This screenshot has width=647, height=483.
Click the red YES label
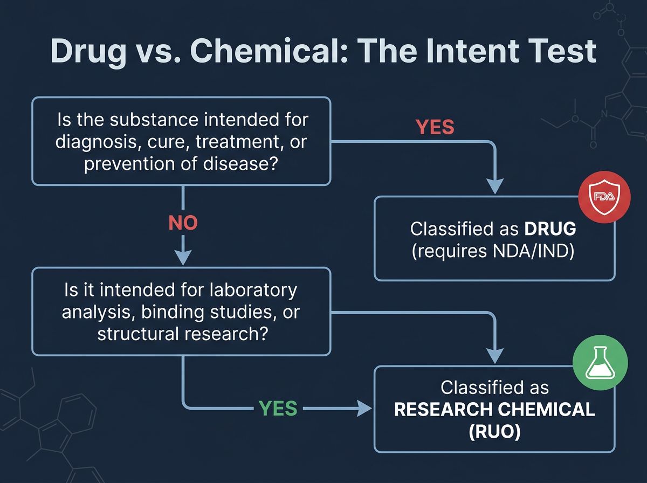pyautogui.click(x=435, y=127)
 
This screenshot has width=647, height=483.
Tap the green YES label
pyautogui.click(x=278, y=409)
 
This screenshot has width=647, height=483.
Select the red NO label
pyautogui.click(x=183, y=223)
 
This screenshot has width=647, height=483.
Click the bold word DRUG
pyautogui.click(x=550, y=229)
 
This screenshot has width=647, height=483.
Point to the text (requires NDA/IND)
pyautogui.click(x=493, y=252)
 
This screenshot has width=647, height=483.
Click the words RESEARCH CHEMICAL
pyautogui.click(x=494, y=409)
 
